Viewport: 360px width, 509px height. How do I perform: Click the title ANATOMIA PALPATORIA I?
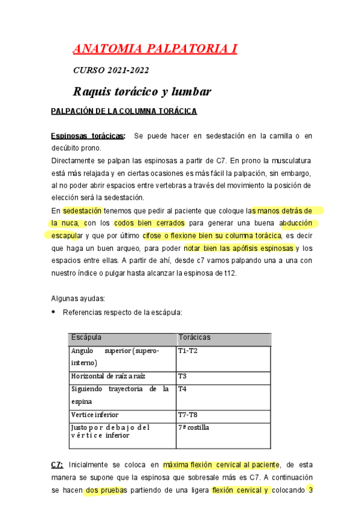point(155,48)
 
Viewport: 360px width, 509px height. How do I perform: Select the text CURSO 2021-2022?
point(111,70)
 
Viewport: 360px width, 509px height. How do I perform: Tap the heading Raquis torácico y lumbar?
point(142,92)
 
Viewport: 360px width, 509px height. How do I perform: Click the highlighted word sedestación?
point(83,211)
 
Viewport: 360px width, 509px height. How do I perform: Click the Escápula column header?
point(86,338)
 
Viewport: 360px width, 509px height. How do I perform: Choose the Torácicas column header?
point(194,338)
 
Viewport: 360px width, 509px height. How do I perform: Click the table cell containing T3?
point(182,376)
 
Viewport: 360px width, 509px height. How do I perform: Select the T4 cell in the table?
point(182,389)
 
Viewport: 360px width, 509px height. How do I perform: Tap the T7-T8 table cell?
point(188,415)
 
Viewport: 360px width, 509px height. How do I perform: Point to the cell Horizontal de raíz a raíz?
point(108,376)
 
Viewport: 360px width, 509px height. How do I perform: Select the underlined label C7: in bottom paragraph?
point(57,465)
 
